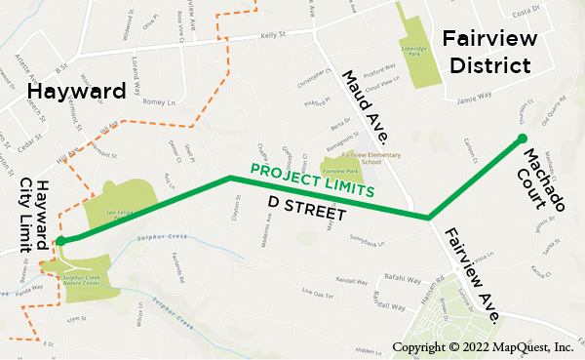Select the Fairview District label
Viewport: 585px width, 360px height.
point(487,52)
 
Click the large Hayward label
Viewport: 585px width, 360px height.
point(77,92)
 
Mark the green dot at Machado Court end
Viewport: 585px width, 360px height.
point(522,139)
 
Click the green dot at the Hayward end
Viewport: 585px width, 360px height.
point(60,240)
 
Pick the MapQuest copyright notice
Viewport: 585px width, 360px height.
point(482,347)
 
